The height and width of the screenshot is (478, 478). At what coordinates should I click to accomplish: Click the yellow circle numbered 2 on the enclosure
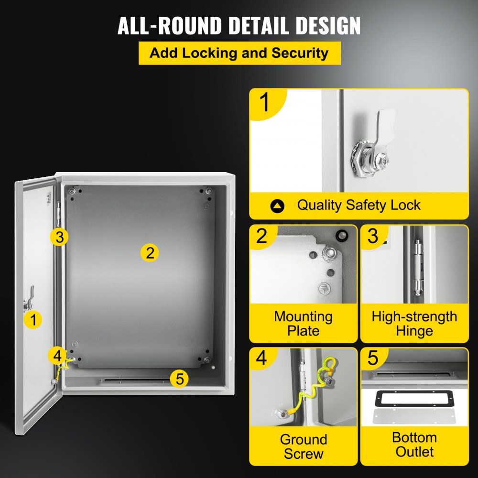point(150,252)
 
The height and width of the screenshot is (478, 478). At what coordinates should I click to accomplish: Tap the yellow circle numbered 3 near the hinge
point(59,237)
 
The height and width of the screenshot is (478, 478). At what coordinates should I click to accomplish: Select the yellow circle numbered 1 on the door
point(33,320)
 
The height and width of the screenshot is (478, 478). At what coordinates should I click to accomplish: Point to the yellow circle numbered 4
point(57,356)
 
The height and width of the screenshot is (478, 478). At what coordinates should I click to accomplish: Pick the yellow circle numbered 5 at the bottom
point(179,379)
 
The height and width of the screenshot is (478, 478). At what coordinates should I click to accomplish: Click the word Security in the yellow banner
point(300,53)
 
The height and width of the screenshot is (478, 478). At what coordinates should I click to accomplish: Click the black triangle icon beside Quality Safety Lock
point(277,206)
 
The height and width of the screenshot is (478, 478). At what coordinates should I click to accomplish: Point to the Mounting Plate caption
point(303,324)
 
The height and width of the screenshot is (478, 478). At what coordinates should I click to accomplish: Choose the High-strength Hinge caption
point(414,324)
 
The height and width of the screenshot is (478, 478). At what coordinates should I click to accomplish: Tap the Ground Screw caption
point(303,446)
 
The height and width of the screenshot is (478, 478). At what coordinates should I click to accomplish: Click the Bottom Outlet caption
point(414,445)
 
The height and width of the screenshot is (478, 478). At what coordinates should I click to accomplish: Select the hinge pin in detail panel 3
point(418,268)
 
